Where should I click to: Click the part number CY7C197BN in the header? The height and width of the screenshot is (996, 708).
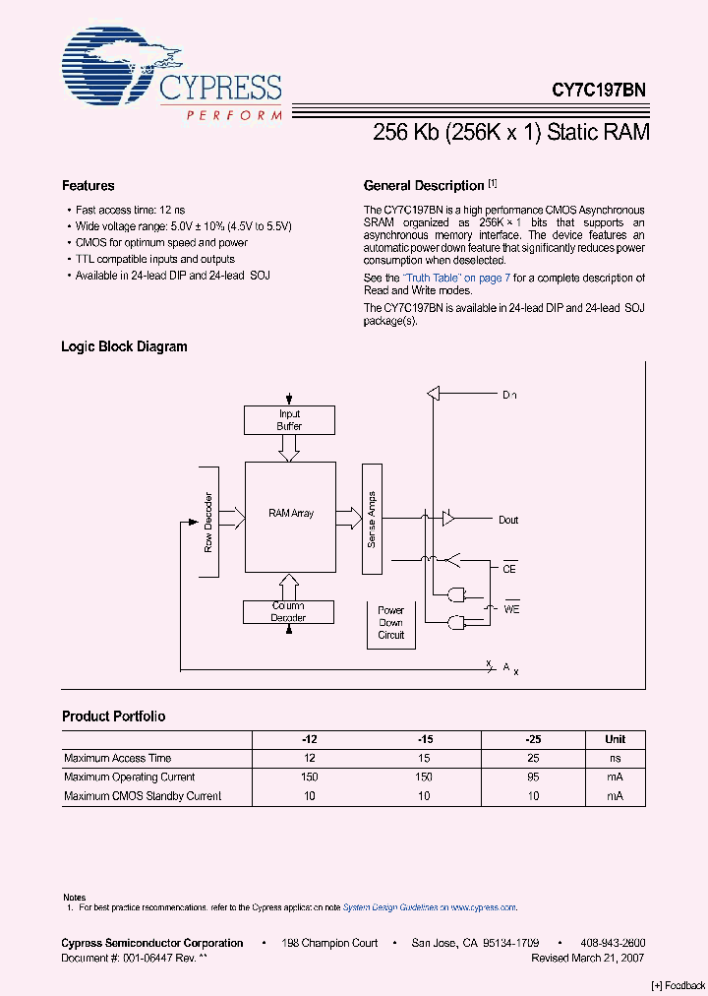598,90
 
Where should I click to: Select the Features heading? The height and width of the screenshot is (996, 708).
88,185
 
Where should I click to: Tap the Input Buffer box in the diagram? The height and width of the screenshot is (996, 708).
289,420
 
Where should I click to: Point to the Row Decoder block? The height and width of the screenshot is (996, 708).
209,521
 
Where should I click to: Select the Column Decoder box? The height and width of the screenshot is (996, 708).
288,611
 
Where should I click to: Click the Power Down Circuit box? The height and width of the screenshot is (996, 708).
391,622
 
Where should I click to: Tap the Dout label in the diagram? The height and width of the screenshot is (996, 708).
507,520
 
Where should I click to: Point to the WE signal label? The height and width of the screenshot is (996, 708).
511,609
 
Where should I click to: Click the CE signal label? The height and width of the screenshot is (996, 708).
509,569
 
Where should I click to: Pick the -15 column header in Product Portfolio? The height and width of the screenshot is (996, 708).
423,739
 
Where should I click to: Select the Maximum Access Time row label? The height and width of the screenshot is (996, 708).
117,758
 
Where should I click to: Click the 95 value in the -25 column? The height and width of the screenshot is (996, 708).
533,777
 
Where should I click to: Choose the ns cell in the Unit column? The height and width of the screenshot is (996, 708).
615,758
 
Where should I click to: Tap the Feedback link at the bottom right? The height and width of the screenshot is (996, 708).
678,986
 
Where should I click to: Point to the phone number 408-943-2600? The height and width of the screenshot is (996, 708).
613,943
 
